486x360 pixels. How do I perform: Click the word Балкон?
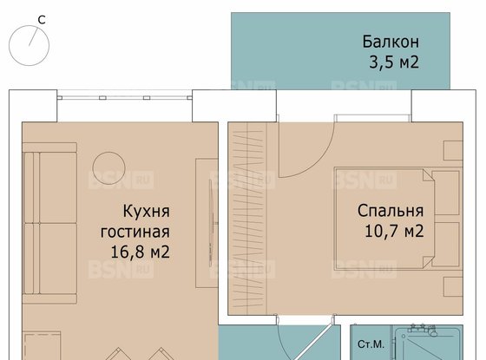tap(390, 42)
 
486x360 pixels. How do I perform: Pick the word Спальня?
tap(391, 211)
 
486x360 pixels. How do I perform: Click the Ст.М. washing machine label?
tap(371, 344)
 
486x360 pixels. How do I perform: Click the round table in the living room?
tap(110, 166)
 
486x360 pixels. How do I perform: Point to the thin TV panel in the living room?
tap(207, 224)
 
